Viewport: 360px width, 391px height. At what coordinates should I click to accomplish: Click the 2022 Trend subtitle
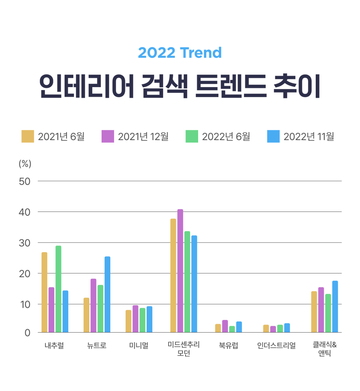pos(180,52)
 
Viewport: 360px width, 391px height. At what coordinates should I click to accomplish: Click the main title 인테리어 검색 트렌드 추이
pos(180,86)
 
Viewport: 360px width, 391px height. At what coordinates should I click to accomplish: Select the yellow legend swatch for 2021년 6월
pos(27,136)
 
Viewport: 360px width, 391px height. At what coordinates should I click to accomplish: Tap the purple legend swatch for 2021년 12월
pos(108,136)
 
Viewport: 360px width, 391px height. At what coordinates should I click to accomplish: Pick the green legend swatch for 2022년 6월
pos(192,136)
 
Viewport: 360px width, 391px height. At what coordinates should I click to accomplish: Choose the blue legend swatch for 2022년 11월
pos(273,136)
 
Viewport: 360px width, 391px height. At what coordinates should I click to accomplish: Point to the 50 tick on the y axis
pos(24,181)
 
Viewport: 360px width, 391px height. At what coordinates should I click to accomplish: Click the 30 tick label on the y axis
pos(24,242)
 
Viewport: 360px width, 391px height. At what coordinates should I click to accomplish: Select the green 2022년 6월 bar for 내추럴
pos(58,289)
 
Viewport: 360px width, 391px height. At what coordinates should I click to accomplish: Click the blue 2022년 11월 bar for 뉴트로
pos(107,294)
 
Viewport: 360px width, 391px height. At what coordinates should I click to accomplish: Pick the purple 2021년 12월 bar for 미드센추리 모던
pos(180,271)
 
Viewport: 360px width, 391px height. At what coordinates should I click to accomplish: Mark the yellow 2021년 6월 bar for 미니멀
pos(128,321)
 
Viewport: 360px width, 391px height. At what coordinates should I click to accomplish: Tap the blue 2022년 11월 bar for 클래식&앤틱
pos(335,307)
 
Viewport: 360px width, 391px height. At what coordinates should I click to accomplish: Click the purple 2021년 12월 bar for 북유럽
pos(225,326)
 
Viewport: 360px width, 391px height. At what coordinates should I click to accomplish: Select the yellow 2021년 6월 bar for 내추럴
pos(44,292)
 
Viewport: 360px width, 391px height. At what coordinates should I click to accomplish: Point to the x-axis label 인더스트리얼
pos(276,346)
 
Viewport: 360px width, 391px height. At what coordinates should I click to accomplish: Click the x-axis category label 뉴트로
pos(97,346)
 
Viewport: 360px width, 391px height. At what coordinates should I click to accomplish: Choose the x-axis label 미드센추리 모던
pos(184,349)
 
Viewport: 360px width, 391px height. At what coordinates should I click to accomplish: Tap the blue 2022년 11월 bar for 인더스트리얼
pos(287,328)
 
